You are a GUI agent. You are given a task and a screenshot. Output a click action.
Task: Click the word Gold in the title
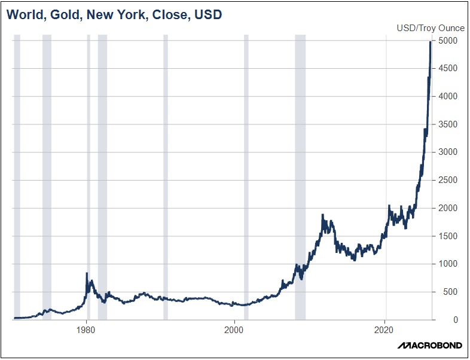point(62,14)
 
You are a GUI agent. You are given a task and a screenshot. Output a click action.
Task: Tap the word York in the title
point(138,14)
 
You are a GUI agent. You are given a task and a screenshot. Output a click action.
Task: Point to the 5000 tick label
point(447,41)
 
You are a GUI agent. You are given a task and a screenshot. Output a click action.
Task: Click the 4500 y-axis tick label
point(447,69)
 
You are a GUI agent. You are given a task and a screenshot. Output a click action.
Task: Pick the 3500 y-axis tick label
point(447,124)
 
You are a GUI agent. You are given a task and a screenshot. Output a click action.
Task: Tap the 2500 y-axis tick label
point(447,180)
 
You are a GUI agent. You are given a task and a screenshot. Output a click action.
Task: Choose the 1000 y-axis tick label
point(447,264)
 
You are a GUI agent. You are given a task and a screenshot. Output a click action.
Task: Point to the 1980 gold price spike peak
point(87,274)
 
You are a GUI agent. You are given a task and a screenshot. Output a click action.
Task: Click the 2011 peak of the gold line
point(323,215)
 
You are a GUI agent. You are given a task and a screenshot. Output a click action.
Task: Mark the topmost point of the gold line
point(431,42)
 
